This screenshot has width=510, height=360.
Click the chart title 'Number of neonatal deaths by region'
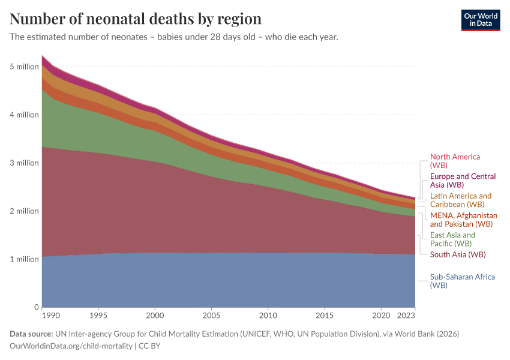tap(136, 19)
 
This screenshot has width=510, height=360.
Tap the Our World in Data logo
tap(480, 20)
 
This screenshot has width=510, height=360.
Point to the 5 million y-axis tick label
tap(24, 67)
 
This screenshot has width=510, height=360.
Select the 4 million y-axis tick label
tap(24, 115)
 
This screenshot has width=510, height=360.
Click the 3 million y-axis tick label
tap(24, 163)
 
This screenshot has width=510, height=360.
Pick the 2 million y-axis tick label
tap(24, 211)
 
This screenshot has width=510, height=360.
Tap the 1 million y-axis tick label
tap(24, 259)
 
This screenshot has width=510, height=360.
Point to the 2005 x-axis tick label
tap(211, 315)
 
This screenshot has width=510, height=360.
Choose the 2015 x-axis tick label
tap(325, 315)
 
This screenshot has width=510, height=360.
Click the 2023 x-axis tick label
tap(407, 315)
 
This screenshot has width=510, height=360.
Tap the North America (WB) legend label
tap(455, 161)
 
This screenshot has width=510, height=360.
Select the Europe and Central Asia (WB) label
tap(463, 181)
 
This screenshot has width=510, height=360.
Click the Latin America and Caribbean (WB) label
tap(460, 200)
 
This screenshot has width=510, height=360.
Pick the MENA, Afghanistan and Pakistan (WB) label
tap(463, 220)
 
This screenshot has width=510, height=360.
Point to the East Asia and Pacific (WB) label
tap(452, 239)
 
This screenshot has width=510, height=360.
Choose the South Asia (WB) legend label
tap(457, 254)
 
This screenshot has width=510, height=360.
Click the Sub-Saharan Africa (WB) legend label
tap(462, 281)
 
